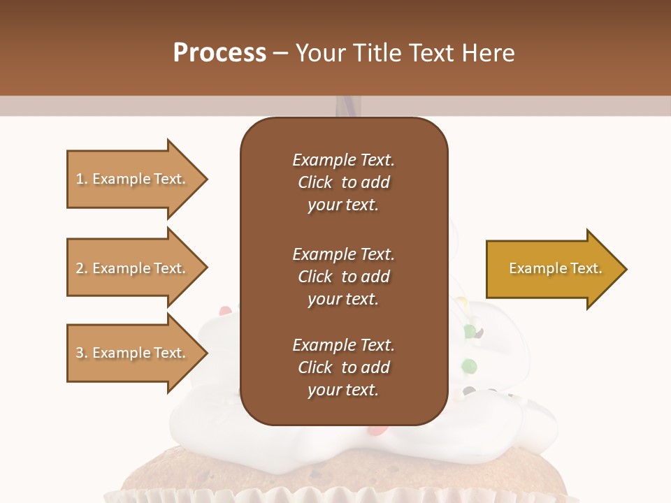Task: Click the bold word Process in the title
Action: [x=219, y=53]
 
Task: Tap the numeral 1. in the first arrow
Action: [x=82, y=179]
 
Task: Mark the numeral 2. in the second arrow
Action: [x=82, y=268]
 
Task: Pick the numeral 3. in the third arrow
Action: [x=82, y=353]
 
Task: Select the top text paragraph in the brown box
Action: [x=344, y=182]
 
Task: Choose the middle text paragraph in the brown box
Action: [x=344, y=277]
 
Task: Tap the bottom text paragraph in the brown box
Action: [x=344, y=367]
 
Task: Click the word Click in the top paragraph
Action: [x=315, y=182]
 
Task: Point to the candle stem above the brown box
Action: [x=345, y=106]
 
